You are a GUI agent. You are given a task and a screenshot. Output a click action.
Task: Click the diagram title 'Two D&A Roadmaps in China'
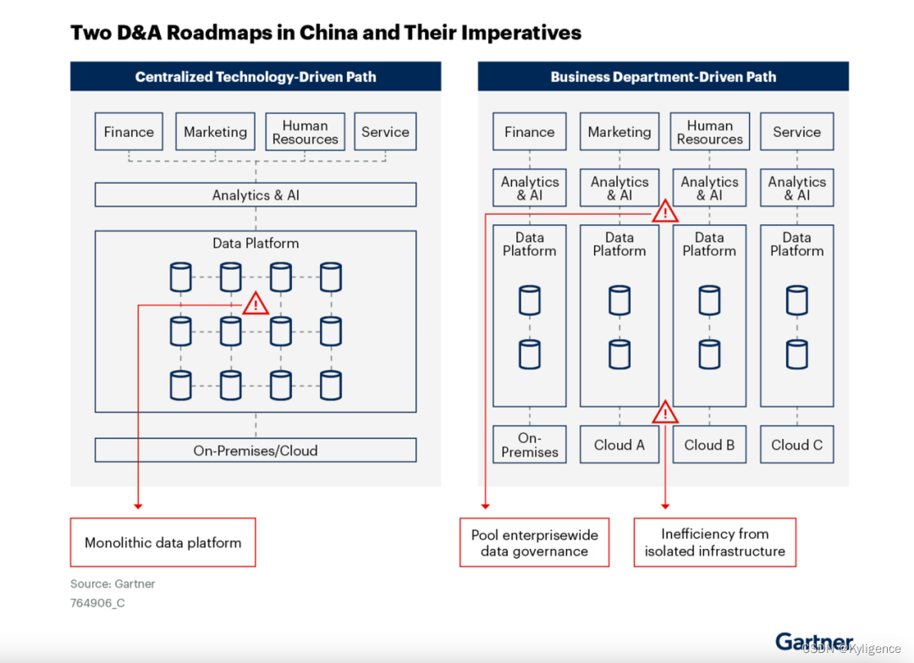click(x=325, y=33)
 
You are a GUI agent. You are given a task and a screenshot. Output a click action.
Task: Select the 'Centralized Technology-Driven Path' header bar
click(x=256, y=77)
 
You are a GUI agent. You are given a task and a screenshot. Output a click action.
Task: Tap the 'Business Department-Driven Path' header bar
click(x=663, y=77)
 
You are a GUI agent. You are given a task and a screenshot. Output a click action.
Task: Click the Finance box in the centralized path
click(x=129, y=132)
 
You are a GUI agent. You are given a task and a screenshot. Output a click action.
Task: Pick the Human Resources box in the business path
click(x=709, y=132)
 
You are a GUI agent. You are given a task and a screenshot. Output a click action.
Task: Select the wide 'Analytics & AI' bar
click(x=256, y=195)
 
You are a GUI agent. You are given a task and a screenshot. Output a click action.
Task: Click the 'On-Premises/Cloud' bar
click(x=256, y=451)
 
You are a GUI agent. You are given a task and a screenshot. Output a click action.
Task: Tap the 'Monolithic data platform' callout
click(x=162, y=543)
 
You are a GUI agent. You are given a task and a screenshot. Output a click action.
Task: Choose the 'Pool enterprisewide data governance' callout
click(x=534, y=543)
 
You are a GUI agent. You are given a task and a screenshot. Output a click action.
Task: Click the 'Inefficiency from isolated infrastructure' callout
click(x=714, y=543)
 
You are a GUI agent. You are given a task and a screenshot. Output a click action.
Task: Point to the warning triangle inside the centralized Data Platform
click(x=255, y=304)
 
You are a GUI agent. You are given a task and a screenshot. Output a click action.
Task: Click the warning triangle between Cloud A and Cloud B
click(x=665, y=413)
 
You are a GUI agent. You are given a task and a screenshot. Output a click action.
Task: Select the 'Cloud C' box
click(x=796, y=445)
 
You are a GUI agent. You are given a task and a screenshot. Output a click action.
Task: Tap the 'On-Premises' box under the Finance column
click(x=529, y=445)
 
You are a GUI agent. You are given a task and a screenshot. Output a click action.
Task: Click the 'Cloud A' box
click(x=619, y=445)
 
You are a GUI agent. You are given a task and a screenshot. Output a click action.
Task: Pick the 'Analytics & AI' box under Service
click(x=796, y=188)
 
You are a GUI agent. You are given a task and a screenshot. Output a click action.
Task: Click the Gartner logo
click(x=813, y=641)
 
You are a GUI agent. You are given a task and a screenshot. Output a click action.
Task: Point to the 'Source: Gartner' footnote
click(x=113, y=584)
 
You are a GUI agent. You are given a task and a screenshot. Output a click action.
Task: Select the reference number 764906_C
click(x=97, y=603)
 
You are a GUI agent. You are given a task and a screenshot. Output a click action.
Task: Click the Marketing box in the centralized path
click(x=215, y=132)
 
